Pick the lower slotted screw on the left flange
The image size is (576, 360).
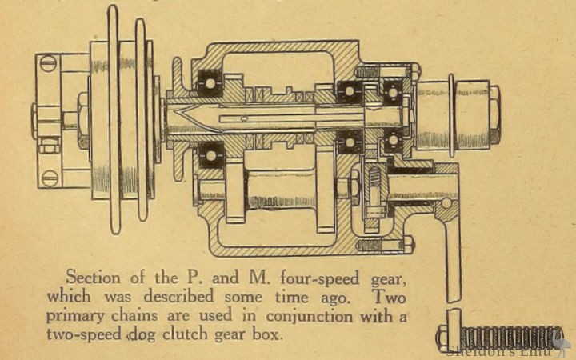click(x=49, y=178)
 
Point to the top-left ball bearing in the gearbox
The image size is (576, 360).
click(x=211, y=82)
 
